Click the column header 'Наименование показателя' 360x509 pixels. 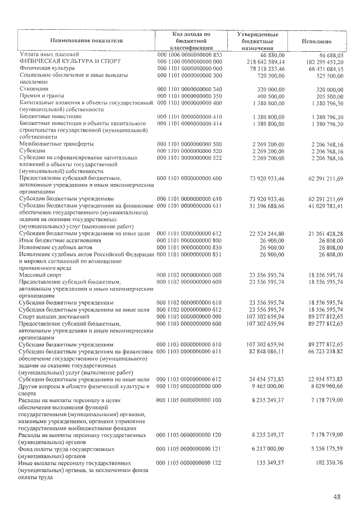(86, 41)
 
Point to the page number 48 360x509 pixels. (336, 497)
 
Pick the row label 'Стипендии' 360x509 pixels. (34, 89)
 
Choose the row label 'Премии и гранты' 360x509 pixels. (43, 96)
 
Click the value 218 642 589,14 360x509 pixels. (260, 61)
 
